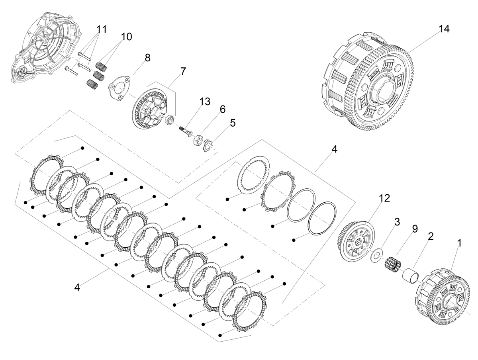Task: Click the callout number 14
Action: tap(444, 29)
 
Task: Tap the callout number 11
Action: tap(102, 29)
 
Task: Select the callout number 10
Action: tap(127, 37)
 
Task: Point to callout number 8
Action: tap(148, 58)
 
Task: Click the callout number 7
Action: tap(183, 71)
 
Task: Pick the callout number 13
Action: tap(205, 102)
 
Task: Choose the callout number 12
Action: tap(384, 198)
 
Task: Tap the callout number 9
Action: tap(415, 229)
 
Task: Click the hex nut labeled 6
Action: tap(198, 140)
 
